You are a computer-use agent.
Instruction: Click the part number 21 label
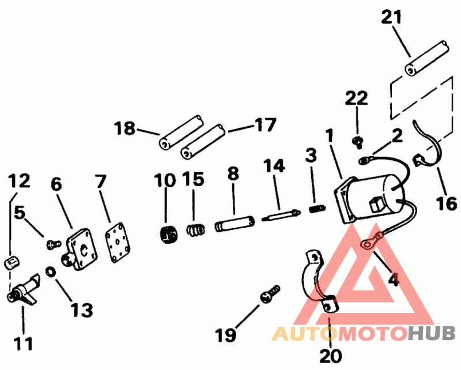click(392, 17)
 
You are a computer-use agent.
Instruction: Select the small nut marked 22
click(357, 140)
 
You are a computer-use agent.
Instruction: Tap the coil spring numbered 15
click(195, 230)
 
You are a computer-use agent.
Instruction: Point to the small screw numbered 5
click(52, 245)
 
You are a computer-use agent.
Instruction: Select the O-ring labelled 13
click(51, 271)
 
